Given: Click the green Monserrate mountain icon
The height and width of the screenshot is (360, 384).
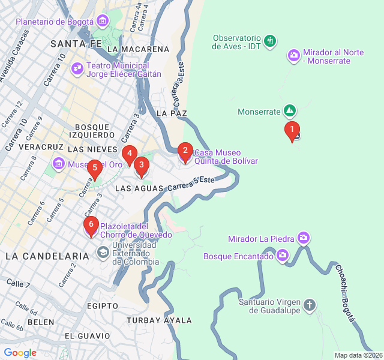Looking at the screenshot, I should [290, 111].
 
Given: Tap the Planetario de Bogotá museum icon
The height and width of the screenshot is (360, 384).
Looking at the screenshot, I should [102, 22].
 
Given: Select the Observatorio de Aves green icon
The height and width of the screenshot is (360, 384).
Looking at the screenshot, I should [271, 41].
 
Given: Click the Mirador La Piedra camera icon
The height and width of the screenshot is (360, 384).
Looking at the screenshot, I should [304, 239].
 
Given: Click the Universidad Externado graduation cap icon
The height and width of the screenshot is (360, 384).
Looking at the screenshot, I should [103, 254].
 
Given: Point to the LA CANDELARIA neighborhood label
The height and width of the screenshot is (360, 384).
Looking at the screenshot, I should [40, 256].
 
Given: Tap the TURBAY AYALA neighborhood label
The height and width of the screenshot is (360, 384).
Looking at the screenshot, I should [159, 320].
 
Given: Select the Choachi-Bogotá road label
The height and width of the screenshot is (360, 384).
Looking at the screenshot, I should [346, 293].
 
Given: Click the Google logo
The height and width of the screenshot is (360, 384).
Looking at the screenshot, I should [20, 353].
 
